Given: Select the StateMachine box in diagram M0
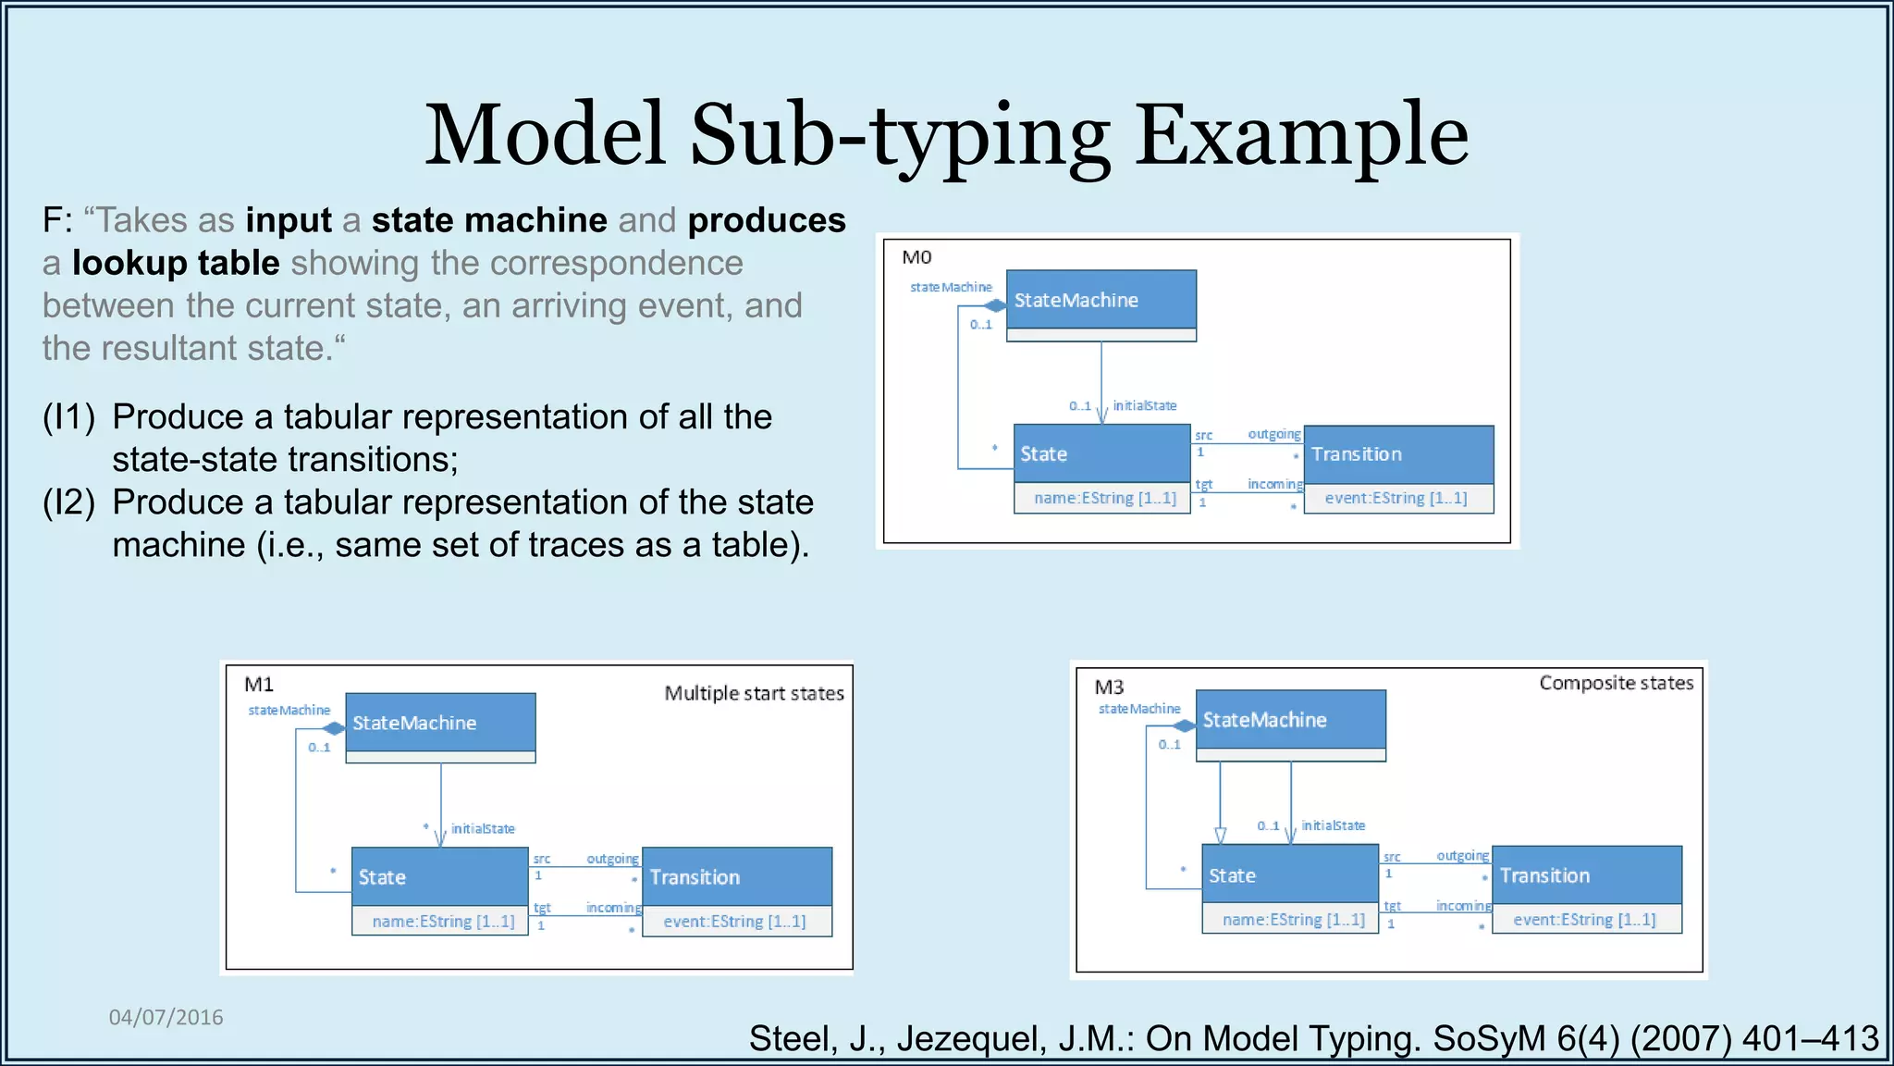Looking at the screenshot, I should pos(1101,300).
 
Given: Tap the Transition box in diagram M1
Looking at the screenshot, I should pos(736,876).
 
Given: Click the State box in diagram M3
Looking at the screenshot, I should pos(1289,874).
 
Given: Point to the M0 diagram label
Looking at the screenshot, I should pos(916,257).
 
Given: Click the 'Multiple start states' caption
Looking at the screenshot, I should pos(754,693).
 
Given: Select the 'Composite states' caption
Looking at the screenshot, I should pos(1616,683).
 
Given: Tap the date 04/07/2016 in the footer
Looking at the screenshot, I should pos(166,1017).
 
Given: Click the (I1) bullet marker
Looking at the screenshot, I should pos(68,417).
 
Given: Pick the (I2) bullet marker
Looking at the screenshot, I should pos(68,502).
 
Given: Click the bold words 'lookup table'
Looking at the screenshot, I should pos(176,264).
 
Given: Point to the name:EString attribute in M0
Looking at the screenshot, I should pos(1104,498).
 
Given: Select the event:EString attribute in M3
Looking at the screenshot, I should pos(1584,920).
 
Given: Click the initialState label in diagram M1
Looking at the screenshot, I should pos(483,829).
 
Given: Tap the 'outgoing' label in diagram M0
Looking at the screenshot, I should pos(1273,434).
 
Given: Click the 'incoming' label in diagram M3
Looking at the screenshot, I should pos(1463,906).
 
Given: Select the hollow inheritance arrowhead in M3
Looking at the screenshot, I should pos(1220,835).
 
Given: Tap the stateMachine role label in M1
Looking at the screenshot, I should pos(289,711).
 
